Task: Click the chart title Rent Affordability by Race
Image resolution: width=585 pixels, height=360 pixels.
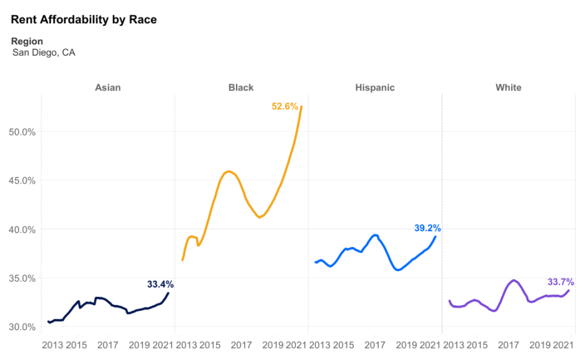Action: tap(84, 19)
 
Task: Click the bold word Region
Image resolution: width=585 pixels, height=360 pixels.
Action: tap(27, 41)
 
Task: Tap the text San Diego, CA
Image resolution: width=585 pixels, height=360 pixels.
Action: tap(44, 52)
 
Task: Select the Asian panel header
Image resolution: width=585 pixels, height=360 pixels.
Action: tap(108, 88)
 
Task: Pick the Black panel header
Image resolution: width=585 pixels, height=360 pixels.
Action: tap(241, 88)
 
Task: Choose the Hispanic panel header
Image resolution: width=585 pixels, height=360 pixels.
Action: tap(374, 88)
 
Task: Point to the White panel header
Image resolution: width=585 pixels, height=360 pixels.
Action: tap(509, 88)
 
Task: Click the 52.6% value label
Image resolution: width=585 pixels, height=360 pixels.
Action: tap(285, 106)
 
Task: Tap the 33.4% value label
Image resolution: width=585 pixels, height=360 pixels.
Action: tap(160, 284)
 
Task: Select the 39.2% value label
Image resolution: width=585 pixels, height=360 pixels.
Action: tap(427, 228)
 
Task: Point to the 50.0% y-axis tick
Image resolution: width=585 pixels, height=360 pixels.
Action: tap(21, 132)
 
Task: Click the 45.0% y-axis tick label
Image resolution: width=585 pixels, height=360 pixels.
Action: tap(21, 180)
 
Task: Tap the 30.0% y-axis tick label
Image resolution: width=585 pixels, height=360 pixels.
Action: tap(21, 327)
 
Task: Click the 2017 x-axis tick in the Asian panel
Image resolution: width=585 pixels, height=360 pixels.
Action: tap(108, 345)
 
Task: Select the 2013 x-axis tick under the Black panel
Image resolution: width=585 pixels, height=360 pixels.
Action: tap(186, 345)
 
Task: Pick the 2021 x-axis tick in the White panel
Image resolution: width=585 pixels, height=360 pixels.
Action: tap(564, 345)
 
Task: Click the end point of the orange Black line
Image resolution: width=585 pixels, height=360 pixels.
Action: tap(302, 106)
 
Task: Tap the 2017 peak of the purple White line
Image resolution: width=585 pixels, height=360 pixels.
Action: tap(513, 280)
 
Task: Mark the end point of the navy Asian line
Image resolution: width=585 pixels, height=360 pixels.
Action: tap(168, 293)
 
